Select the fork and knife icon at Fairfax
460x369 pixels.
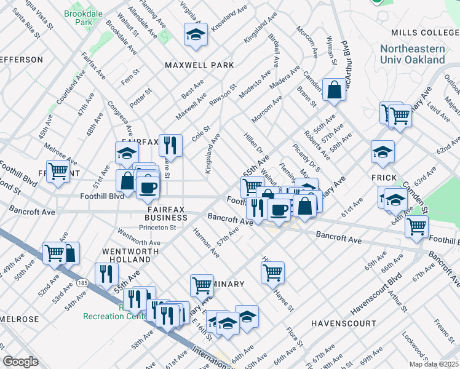coord(170,146)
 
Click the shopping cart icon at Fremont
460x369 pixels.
coord(58,171)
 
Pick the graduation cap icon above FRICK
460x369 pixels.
coord(383,152)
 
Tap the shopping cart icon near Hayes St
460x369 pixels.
coord(272,271)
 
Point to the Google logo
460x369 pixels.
coord(20,362)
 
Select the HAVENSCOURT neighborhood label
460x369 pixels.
coord(343,323)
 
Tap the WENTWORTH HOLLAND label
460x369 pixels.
coord(126,256)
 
